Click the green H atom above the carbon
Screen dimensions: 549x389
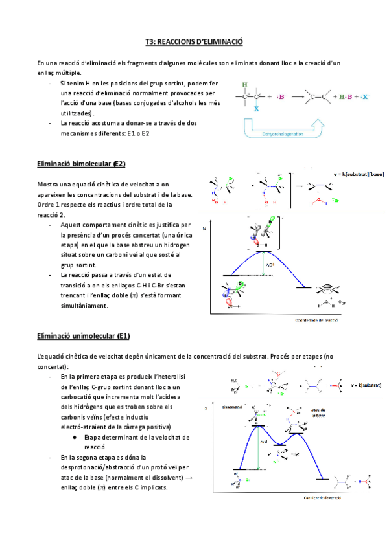point(244,85)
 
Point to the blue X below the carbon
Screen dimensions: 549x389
point(256,109)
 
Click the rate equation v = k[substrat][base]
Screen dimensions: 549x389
point(358,174)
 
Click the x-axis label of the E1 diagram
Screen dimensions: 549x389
point(320,498)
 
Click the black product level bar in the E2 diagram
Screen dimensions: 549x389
point(305,286)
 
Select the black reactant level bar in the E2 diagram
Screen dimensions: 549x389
point(231,276)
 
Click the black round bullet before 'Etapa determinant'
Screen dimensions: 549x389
point(76,438)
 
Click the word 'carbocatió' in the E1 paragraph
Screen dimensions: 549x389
point(78,403)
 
